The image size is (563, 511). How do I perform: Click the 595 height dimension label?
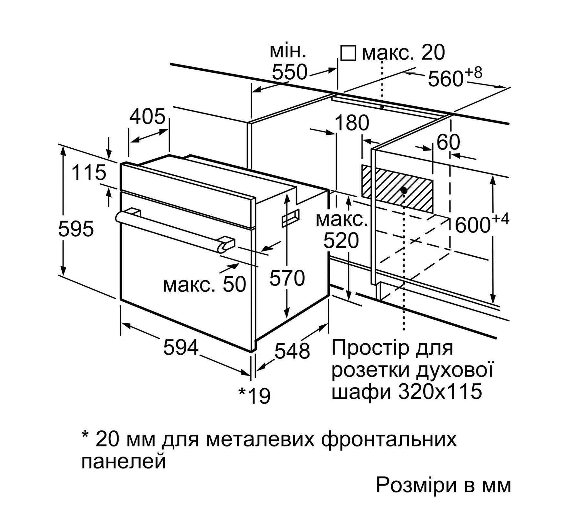coord(76,229)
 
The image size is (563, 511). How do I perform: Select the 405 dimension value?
coord(147,116)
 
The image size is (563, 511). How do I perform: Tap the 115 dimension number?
coord(89,172)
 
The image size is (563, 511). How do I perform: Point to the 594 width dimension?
coord(181,347)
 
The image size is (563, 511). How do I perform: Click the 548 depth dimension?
coord(292,350)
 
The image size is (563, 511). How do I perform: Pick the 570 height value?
coord(287,278)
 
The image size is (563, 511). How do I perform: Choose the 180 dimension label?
coord(352,123)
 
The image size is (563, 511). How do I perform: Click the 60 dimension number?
coord(448,142)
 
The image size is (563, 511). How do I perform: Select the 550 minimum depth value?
coord(290,72)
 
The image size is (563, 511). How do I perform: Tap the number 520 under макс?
coord(341,241)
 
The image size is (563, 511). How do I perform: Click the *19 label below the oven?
coord(254,396)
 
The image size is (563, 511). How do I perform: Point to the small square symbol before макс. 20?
coord(348,53)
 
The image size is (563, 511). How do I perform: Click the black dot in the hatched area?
coord(404,190)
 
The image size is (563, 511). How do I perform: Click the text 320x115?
coord(440,391)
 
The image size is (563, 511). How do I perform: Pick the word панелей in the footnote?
coord(124,461)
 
